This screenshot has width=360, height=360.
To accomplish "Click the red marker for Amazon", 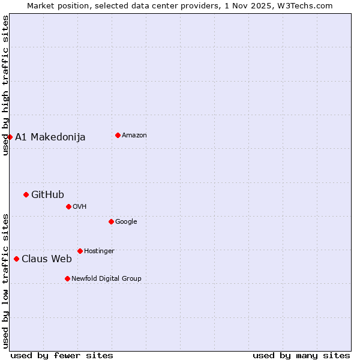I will (118, 135).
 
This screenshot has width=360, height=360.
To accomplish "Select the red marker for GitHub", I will (26, 194).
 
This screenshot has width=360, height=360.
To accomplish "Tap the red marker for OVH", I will (68, 206).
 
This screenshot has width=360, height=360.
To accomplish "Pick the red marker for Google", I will (111, 221).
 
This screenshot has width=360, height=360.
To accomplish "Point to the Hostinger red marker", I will (80, 251).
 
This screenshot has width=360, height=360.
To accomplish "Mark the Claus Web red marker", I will (16, 259).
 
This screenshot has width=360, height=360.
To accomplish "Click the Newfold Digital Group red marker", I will (67, 278).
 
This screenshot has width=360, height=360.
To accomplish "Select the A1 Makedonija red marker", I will (10, 137).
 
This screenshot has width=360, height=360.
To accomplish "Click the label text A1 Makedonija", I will (50, 137).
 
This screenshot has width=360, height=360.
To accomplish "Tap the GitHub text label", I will (47, 194).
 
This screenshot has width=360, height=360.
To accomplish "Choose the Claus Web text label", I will (46, 259).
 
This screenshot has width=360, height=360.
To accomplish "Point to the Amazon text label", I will (134, 135).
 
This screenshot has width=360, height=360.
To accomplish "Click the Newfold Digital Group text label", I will (106, 278).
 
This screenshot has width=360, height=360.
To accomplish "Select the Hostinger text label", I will (99, 251).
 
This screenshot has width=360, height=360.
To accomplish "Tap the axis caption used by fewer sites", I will (62, 355).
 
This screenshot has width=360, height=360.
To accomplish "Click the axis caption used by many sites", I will (301, 355).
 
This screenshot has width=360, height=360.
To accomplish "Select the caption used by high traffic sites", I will (5, 85).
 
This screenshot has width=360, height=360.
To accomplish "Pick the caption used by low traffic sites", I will (5, 280).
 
